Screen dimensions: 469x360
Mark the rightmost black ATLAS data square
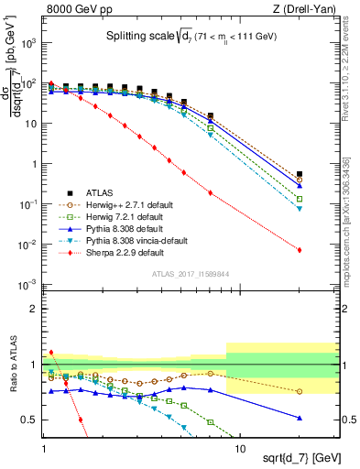click(300, 173)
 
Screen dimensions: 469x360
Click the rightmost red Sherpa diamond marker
click(300, 250)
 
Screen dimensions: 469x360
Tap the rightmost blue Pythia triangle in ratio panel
click(300, 418)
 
